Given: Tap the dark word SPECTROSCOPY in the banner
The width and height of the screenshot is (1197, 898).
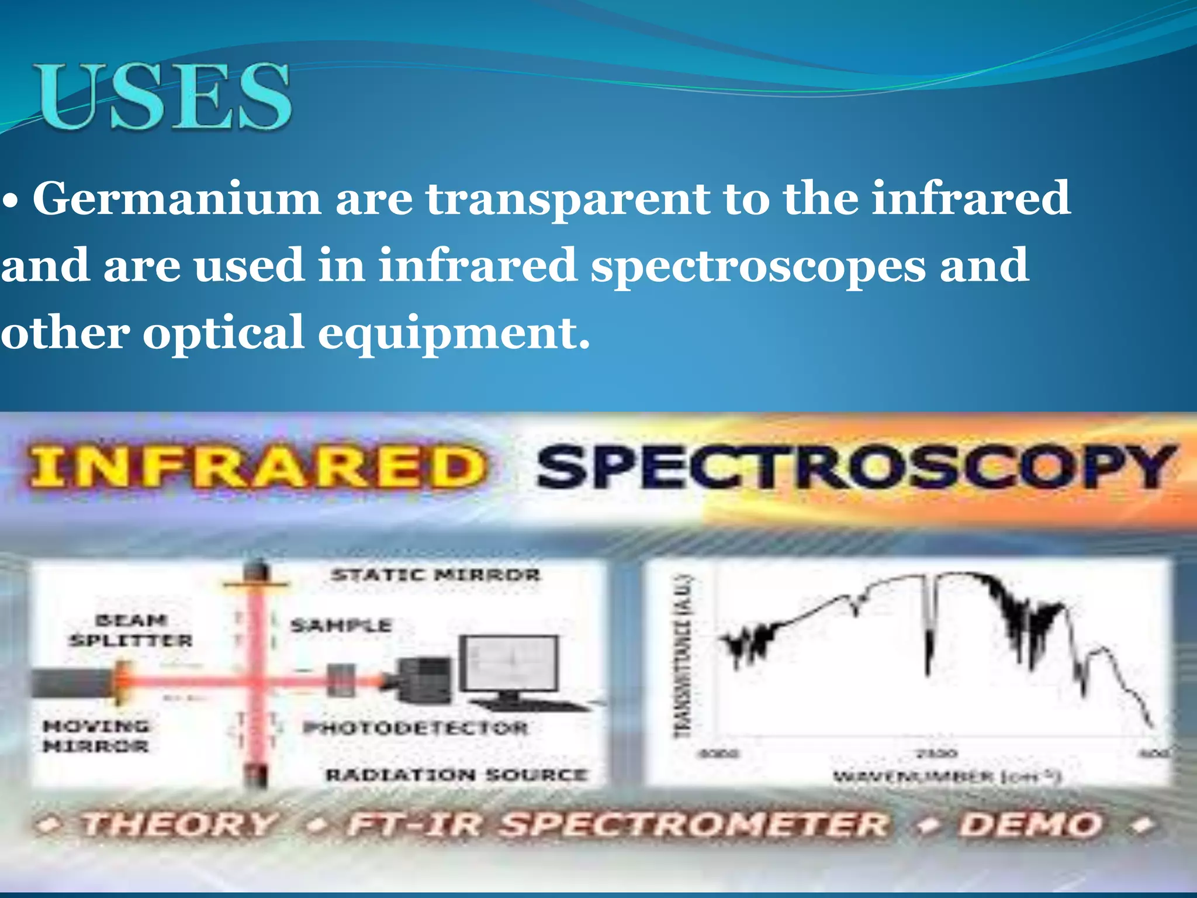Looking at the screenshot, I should pyautogui.click(x=856, y=468).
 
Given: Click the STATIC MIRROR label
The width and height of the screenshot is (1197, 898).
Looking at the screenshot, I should pyautogui.click(x=435, y=575).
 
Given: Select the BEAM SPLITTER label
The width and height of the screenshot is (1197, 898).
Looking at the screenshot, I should pyautogui.click(x=131, y=630).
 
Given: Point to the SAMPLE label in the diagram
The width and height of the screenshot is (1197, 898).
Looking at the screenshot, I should pyautogui.click(x=341, y=626).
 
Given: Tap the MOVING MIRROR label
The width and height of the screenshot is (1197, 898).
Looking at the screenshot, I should pyautogui.click(x=96, y=736).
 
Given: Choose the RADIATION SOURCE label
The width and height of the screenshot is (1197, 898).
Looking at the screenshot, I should pyautogui.click(x=456, y=775).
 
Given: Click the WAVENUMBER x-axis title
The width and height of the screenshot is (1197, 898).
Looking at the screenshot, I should pyautogui.click(x=947, y=777).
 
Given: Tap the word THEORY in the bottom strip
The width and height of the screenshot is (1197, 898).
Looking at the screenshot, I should pyautogui.click(x=179, y=825).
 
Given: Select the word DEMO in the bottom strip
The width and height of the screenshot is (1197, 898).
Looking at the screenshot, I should pyautogui.click(x=1032, y=825).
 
